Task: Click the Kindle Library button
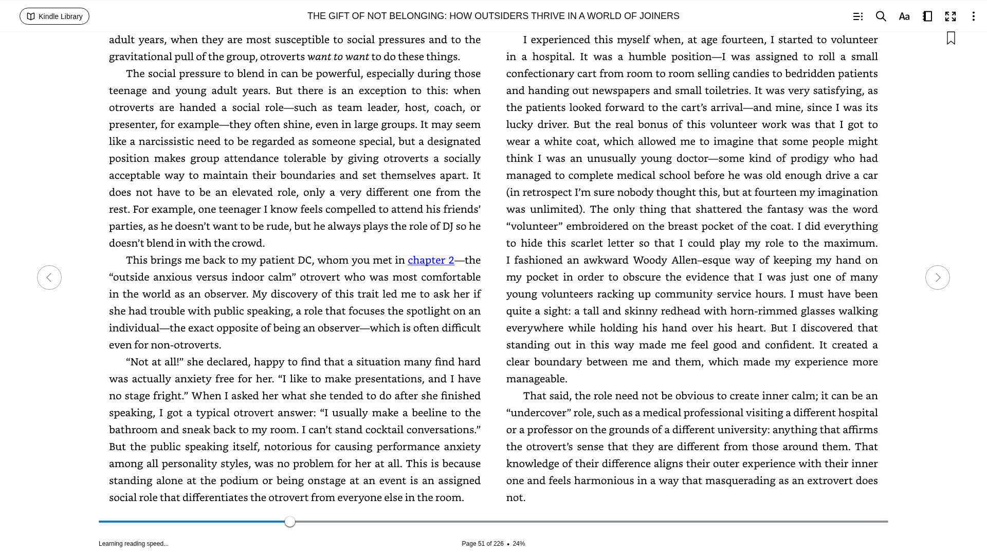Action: (x=54, y=16)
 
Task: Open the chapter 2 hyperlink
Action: (x=431, y=260)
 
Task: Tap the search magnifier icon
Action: (x=881, y=16)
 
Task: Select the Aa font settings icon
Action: (x=904, y=16)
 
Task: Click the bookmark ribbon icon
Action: (x=951, y=39)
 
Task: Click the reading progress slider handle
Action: (x=290, y=522)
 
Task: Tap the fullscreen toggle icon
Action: (x=951, y=16)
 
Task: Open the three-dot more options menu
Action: (x=973, y=16)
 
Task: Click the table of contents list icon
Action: (x=858, y=16)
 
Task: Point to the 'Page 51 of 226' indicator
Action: (x=482, y=544)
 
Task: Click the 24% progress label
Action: (x=519, y=544)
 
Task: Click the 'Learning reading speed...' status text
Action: (x=134, y=544)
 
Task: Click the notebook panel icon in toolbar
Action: (x=927, y=16)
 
